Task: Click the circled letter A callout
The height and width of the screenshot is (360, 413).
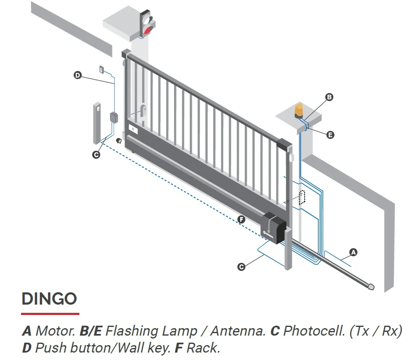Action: pos(353,252)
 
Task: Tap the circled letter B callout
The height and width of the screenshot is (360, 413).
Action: pos(329,97)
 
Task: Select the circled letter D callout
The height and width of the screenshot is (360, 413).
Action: pos(77,75)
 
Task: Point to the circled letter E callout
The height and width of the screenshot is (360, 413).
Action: pos(330,135)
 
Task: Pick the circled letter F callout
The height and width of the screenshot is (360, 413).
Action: pos(241,219)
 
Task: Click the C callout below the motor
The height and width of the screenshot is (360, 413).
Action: pos(241,267)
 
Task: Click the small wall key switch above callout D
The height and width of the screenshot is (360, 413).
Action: pos(101,69)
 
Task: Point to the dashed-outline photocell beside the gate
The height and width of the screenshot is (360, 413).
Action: pos(302,198)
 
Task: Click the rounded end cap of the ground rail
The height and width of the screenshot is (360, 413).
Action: pos(371,287)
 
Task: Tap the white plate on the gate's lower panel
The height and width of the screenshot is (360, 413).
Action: pos(133,129)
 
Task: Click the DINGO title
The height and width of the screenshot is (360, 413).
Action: pos(49,299)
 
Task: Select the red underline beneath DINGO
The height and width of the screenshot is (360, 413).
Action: pos(50,314)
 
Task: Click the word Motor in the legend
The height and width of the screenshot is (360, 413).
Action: pos(55,331)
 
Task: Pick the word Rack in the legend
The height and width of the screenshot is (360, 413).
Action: pos(203,348)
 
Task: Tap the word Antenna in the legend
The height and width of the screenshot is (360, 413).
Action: pos(238,331)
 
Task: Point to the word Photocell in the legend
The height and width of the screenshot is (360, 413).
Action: pos(314,331)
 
